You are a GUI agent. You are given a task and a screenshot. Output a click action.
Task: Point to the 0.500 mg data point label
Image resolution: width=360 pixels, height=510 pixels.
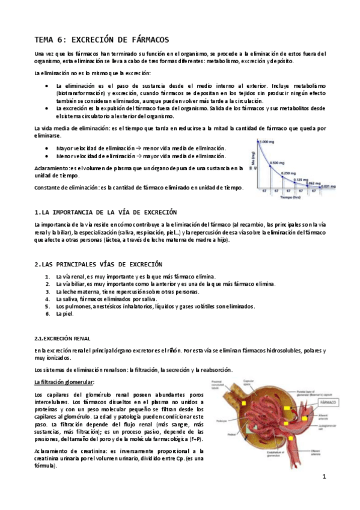click(x=277, y=163)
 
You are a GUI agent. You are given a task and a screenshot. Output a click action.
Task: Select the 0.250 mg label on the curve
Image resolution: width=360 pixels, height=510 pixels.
click(x=289, y=174)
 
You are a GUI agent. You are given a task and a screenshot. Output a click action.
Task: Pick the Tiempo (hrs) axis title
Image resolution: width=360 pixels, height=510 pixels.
click(x=291, y=197)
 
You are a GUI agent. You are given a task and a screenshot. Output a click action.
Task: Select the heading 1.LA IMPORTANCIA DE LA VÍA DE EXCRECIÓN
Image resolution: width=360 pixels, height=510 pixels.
click(x=106, y=213)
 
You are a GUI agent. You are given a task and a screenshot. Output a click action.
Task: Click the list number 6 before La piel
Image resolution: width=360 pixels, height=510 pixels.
click(x=47, y=313)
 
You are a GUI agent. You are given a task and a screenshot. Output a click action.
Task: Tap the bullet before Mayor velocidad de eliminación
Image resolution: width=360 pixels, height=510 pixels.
click(x=47, y=148)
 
